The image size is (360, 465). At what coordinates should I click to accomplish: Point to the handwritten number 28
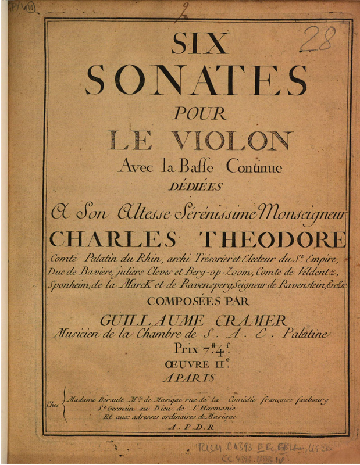[319, 40]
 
